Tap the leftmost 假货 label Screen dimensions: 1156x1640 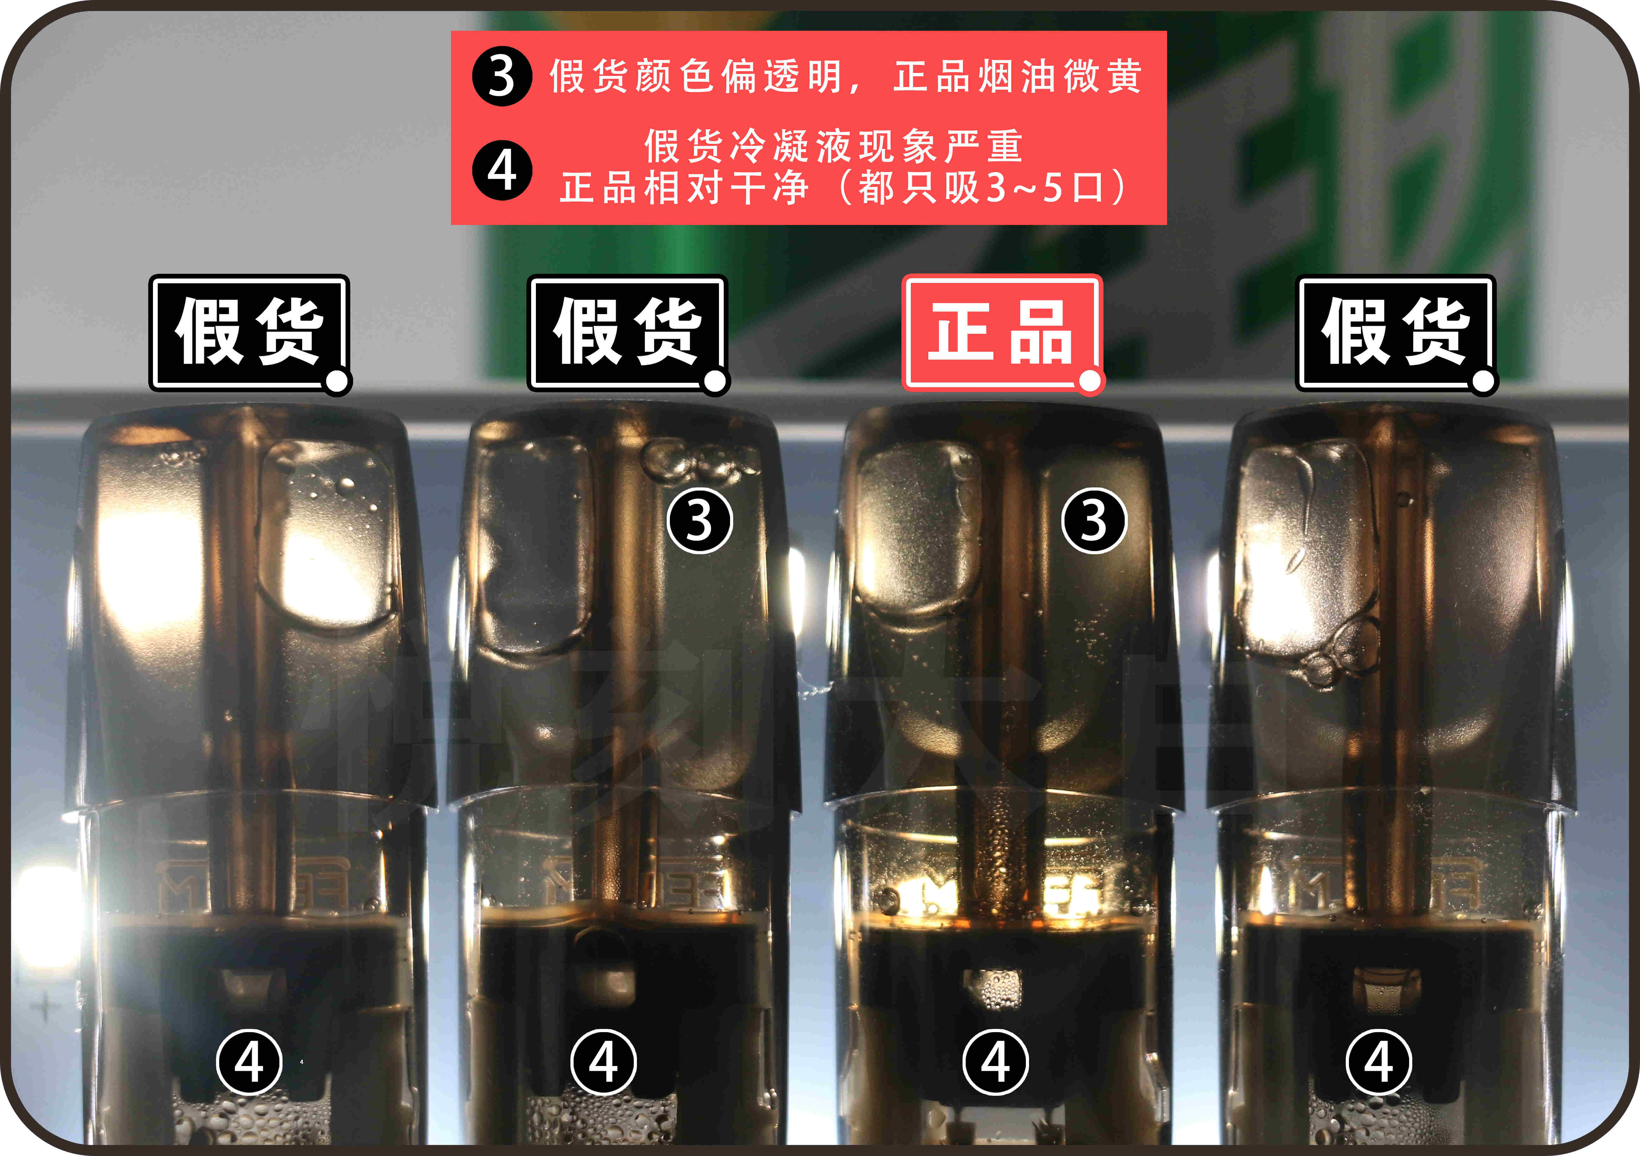pos(249,332)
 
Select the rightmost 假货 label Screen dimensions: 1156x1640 pos(1395,332)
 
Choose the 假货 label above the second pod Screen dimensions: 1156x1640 pos(626,332)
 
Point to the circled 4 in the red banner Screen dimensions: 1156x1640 pos(501,170)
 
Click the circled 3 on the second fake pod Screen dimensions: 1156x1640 pos(699,521)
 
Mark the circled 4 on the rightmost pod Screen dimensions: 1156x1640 pos(1379,1062)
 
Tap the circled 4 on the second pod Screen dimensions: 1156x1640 pos(604,1062)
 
